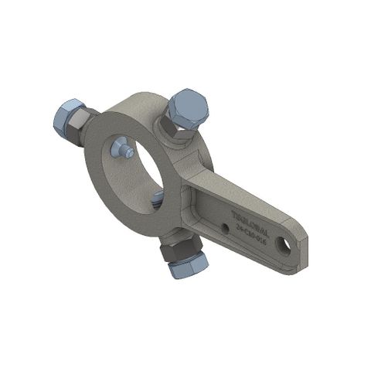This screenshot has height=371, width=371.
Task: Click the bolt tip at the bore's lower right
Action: pos(158,199)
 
